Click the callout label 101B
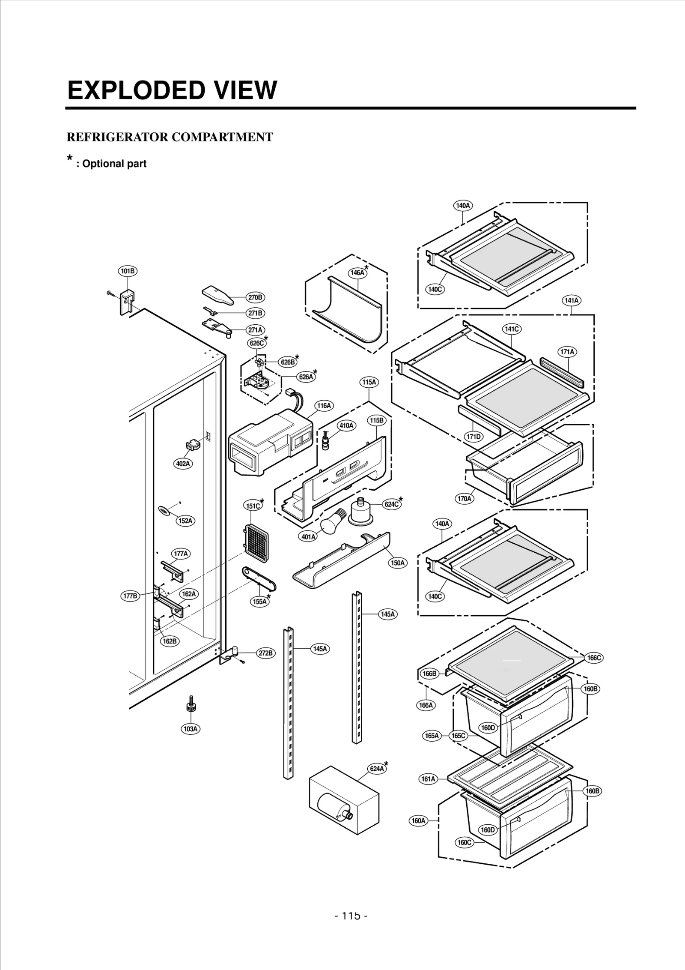128,271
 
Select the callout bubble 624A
377,780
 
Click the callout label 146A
357,272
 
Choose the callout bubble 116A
324,405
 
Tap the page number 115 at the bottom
351,916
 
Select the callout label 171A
567,352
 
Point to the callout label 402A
183,464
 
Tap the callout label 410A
346,425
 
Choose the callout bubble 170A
465,498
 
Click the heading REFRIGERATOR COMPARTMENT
170,137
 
